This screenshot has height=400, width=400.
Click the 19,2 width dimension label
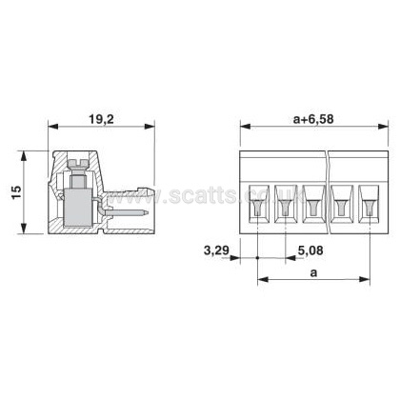pos(101,119)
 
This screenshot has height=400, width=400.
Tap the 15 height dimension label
pos(16,192)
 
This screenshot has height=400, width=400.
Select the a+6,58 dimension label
pos(313,119)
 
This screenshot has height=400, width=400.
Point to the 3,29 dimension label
pos(216,250)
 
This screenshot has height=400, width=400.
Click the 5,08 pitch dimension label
pos(310,250)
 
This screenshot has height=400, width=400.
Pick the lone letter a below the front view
pos(313,273)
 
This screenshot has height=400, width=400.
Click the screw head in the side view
pos(78,163)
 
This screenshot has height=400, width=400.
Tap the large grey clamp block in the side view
pos(78,207)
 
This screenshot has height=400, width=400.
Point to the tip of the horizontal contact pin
pos(148,212)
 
